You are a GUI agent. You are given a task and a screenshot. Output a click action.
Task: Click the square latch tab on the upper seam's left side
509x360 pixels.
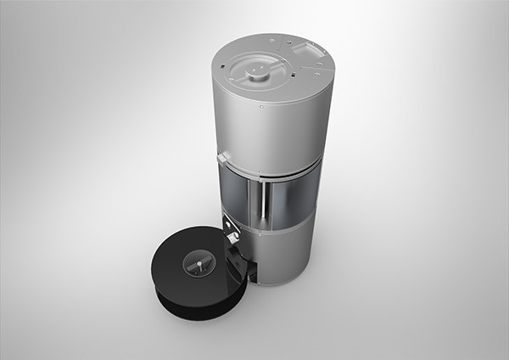point(222,158)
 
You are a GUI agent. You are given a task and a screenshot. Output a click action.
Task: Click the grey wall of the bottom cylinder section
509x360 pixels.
point(284,255)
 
